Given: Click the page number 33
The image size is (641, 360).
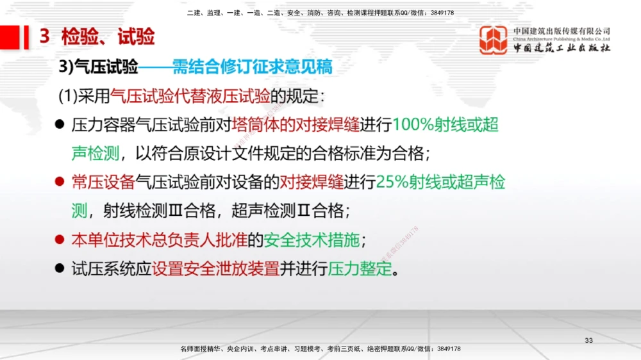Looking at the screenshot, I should (x=589, y=340).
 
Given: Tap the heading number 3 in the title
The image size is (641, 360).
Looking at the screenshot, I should (x=44, y=37).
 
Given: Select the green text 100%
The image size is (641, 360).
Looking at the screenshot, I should (x=413, y=124).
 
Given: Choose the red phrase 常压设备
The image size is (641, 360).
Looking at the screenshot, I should (x=103, y=182).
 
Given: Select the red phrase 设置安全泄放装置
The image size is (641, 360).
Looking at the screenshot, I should (x=216, y=268).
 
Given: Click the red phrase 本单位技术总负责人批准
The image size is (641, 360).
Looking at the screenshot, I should (x=158, y=240).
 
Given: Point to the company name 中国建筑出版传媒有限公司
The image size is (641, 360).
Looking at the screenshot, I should (x=562, y=31).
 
